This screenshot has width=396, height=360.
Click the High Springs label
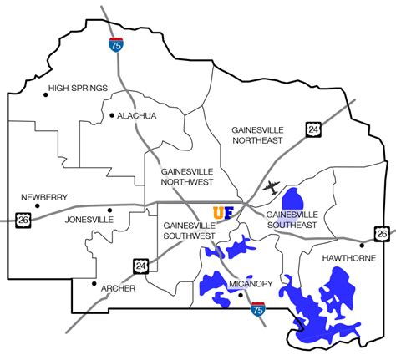tap(79, 88)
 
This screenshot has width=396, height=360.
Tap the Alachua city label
tap(138, 115)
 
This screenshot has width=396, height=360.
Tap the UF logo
tap(223, 213)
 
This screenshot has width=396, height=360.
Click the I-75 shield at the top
tap(115, 45)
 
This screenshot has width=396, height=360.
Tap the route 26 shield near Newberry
tap(23, 219)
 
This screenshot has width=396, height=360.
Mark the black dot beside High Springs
tap(46, 94)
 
